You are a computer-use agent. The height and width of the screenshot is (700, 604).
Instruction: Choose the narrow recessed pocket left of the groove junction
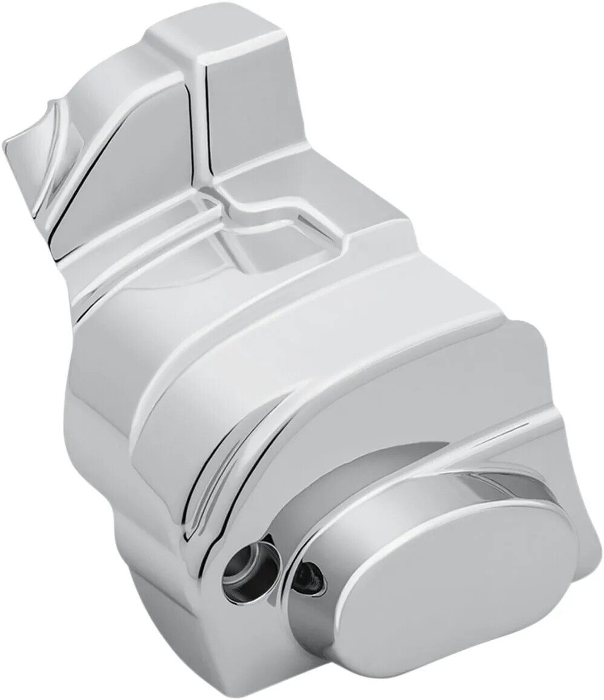151,242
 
